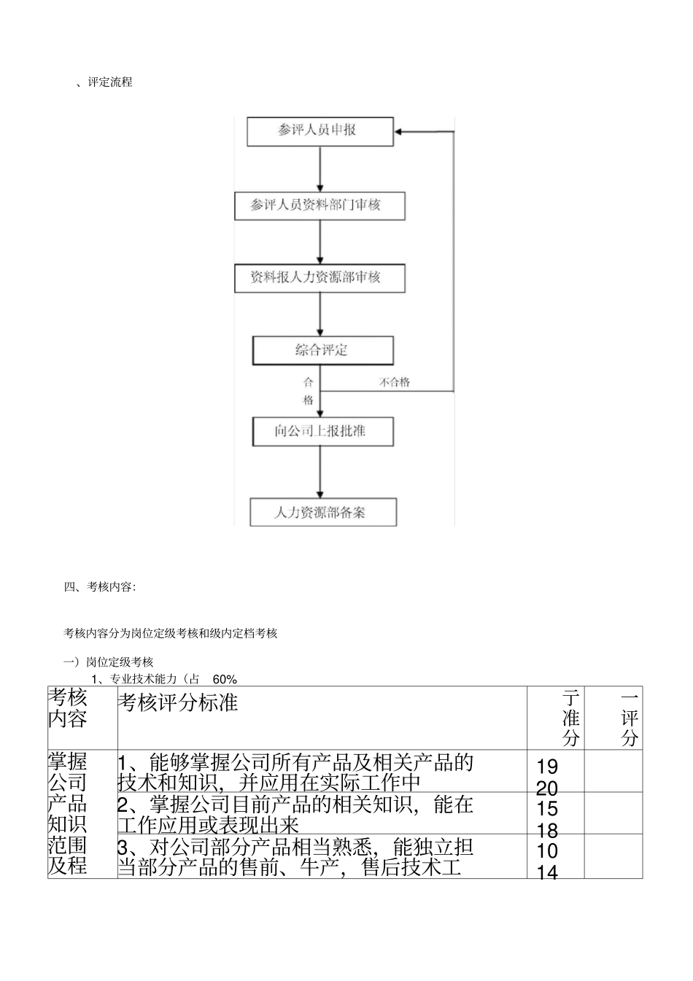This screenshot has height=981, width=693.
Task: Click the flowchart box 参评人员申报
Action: point(320,131)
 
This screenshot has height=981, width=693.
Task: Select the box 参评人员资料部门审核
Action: point(320,206)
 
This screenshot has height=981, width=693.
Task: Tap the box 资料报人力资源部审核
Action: point(320,278)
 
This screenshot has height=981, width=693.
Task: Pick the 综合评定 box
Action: point(322,351)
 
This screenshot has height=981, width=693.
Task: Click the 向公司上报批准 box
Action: point(322,432)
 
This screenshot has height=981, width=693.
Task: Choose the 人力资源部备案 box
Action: point(322,512)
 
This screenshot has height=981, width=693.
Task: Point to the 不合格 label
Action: point(395,382)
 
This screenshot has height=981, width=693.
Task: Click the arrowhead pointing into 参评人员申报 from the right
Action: point(400,132)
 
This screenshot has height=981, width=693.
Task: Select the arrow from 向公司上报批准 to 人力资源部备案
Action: point(320,472)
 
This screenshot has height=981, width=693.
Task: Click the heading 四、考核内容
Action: point(99,586)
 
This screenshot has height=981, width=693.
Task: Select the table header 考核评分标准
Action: point(178,702)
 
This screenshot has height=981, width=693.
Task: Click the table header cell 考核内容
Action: point(68,707)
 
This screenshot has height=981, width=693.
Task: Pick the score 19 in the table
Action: point(547,767)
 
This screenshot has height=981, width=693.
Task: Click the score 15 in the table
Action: point(547,809)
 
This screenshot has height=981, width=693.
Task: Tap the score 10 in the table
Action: point(547,851)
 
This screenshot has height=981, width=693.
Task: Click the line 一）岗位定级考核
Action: point(109,662)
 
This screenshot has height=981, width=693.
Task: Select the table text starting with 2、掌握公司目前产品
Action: point(295,815)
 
